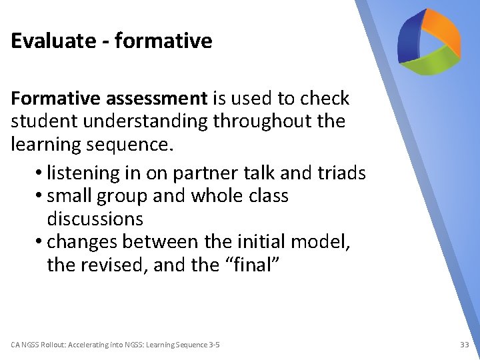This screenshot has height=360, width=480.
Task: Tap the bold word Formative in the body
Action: click(55, 99)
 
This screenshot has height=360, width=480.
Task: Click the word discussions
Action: click(95, 219)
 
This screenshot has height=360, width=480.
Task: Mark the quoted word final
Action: click(253, 265)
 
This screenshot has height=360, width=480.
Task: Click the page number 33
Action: click(465, 345)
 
